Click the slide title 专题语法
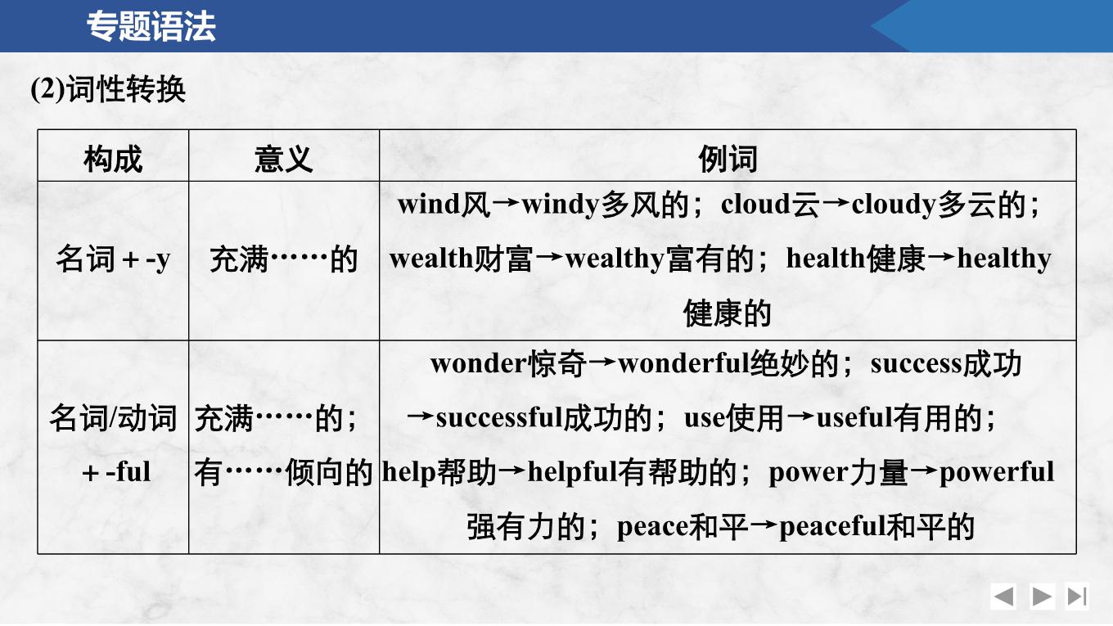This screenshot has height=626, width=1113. pos(151,26)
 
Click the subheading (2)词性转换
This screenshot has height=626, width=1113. pos(108,89)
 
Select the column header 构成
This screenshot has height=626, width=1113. pos(113,160)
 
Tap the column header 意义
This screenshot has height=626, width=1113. pos(284,160)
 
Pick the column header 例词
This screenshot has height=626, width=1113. pos(728,160)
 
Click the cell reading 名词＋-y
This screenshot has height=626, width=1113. pos(113,259)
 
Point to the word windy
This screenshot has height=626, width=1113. pos(561,205)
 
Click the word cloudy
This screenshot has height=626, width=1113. pos(894,205)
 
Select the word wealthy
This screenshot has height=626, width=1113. pos(615,259)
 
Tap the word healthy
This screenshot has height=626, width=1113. pos(1004,259)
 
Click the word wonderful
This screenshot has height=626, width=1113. pos(683,363)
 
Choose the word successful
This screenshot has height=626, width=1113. pos(499,417)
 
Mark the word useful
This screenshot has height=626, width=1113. pos(854,417)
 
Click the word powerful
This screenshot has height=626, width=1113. pos(997,472)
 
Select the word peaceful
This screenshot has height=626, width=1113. pos(833,527)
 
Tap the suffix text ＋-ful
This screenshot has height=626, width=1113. pos(115,472)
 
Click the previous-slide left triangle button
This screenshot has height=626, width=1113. pos(1003,597)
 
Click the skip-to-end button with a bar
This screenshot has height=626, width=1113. pos(1077,597)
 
